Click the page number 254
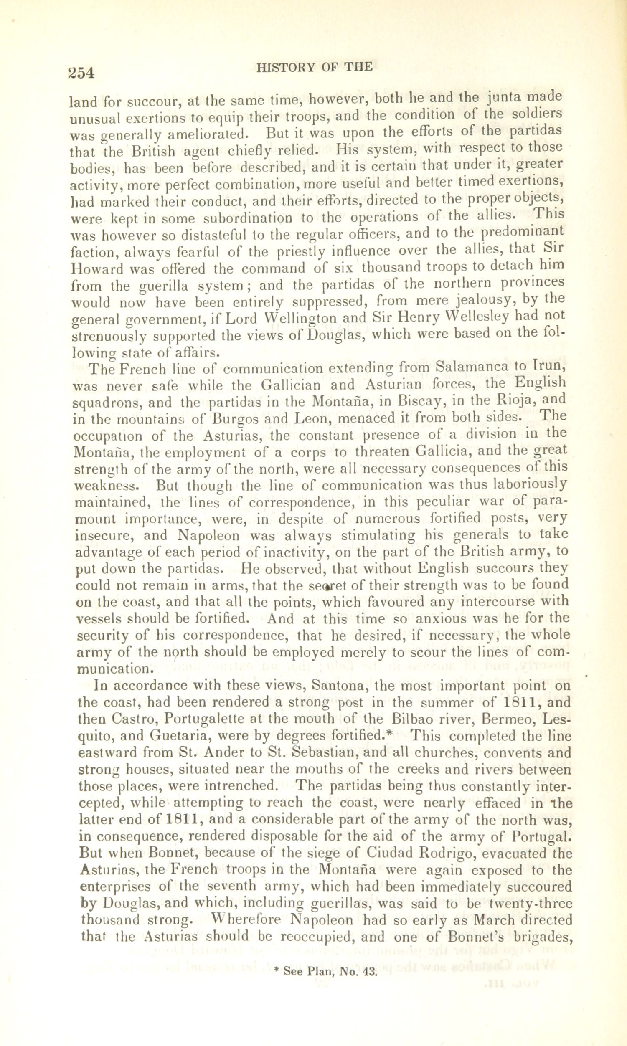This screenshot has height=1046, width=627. [81, 72]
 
